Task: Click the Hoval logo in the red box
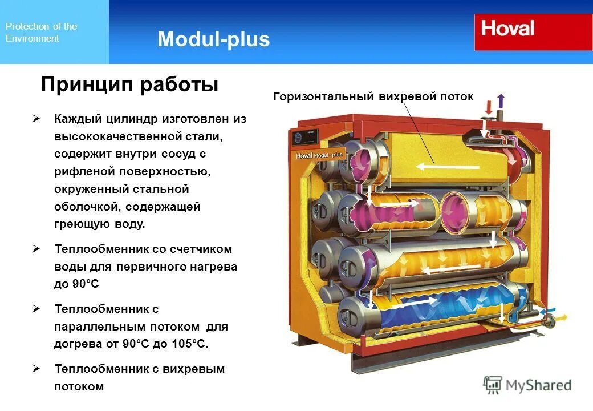(x=507, y=29)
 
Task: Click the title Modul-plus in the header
(x=213, y=39)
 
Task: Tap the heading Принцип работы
(x=129, y=85)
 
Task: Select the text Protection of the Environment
(x=41, y=33)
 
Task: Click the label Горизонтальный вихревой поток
(x=373, y=96)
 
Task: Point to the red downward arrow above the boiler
(x=489, y=107)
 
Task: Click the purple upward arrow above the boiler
(x=501, y=101)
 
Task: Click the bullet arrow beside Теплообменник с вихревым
(x=36, y=369)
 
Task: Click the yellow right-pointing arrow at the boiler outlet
(x=561, y=317)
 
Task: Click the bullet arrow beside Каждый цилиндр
(x=36, y=119)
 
